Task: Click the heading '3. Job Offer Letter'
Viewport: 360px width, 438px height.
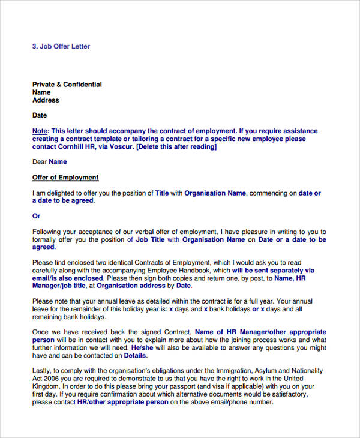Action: coord(61,46)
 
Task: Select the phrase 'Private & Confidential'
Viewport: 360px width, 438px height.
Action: coord(67,85)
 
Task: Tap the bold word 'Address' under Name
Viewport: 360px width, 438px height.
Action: coord(46,101)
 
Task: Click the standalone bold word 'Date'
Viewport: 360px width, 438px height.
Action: coord(40,115)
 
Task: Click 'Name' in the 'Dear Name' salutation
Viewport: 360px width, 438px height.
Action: coord(58,162)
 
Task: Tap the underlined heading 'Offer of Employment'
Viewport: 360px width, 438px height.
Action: coord(65,178)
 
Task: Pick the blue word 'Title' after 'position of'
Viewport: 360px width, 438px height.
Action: coord(162,193)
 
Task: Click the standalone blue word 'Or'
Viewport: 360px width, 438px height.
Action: coord(37,216)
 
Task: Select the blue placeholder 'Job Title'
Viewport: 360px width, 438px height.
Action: coord(150,239)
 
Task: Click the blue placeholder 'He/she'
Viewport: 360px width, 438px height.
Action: coord(142,347)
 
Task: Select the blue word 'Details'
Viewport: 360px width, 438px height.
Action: coord(135,355)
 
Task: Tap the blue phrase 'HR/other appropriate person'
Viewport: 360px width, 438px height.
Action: coord(122,403)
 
